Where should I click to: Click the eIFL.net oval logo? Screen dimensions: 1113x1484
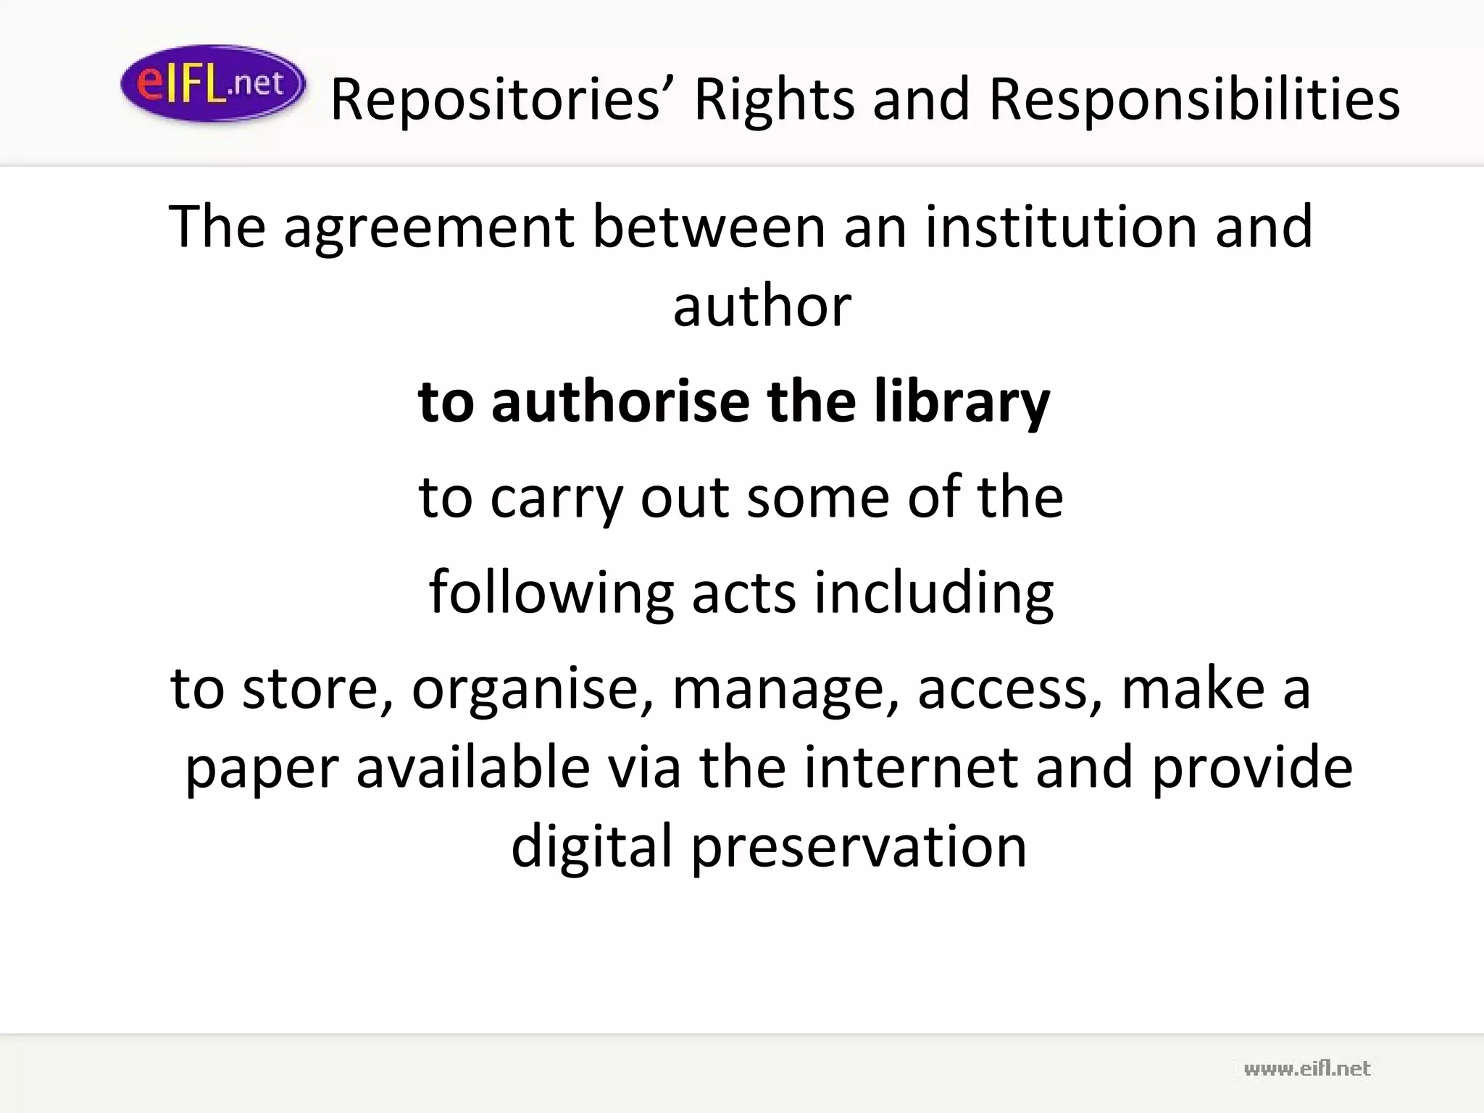(x=212, y=84)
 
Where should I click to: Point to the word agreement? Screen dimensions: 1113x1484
(x=429, y=228)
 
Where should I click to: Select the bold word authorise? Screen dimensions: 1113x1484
(x=620, y=401)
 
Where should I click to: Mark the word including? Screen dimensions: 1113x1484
(x=933, y=593)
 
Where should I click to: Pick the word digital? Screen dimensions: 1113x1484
(x=592, y=846)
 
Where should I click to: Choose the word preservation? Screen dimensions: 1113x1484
(x=859, y=846)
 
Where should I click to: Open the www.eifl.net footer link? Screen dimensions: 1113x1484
(x=1306, y=1068)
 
